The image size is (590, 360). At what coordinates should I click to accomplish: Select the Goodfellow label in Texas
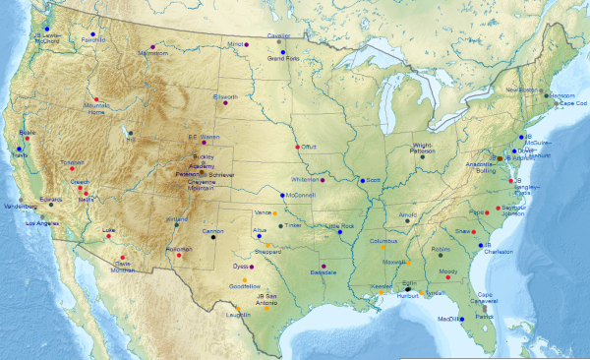pyautogui.click(x=244, y=286)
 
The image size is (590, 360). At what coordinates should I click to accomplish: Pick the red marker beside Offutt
pyautogui.click(x=297, y=147)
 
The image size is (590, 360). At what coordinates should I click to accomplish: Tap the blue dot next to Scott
pyautogui.click(x=361, y=180)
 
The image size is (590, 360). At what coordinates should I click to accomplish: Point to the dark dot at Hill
pyautogui.click(x=130, y=132)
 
